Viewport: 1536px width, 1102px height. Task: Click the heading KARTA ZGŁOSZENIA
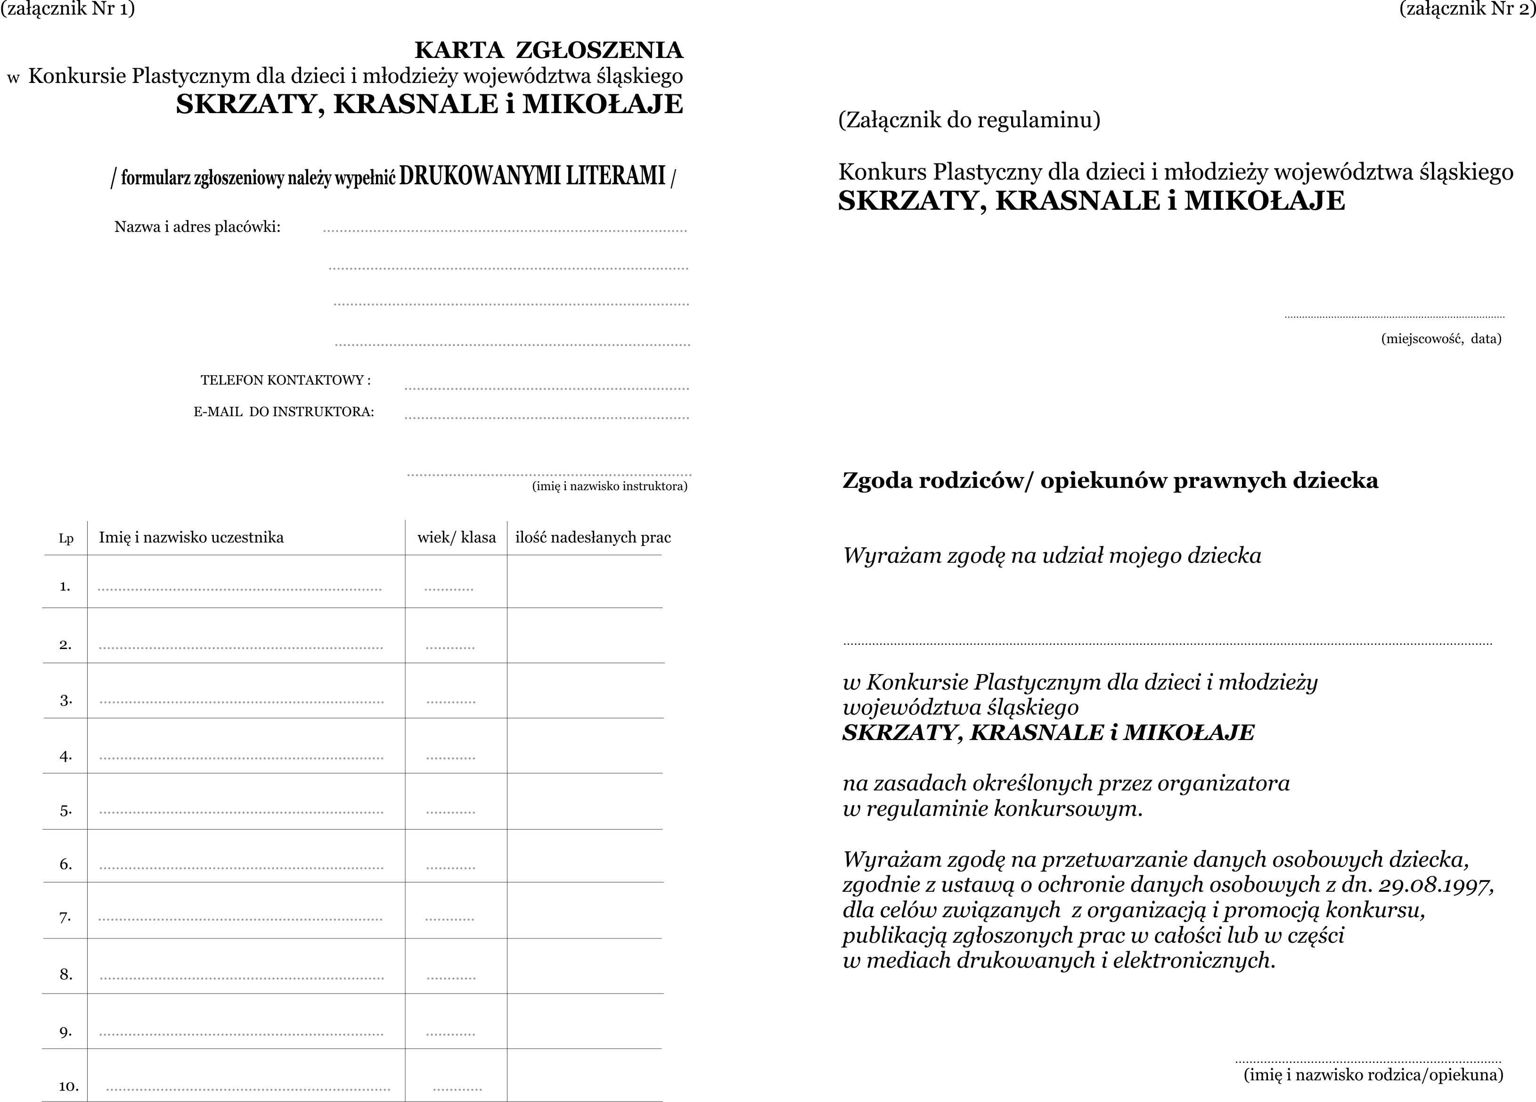(548, 50)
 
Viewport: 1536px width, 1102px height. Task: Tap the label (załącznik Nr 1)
(68, 9)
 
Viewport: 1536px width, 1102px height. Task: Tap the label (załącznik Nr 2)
(1467, 9)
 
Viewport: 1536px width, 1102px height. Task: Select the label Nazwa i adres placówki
(197, 227)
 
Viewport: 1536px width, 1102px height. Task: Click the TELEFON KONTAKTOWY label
(285, 380)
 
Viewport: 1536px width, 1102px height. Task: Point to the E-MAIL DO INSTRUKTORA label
(284, 412)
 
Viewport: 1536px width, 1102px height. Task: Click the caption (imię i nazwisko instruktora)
(610, 485)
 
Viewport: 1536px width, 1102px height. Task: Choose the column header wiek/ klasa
(457, 538)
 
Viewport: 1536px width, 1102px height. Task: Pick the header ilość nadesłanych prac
(593, 538)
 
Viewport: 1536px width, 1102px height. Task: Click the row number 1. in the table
(65, 586)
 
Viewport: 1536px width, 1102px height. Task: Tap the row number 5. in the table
(65, 811)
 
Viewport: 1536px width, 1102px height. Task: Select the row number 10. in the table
(68, 1086)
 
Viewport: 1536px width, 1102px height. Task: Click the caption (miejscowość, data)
(1440, 339)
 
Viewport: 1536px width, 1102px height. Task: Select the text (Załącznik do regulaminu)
(969, 120)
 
